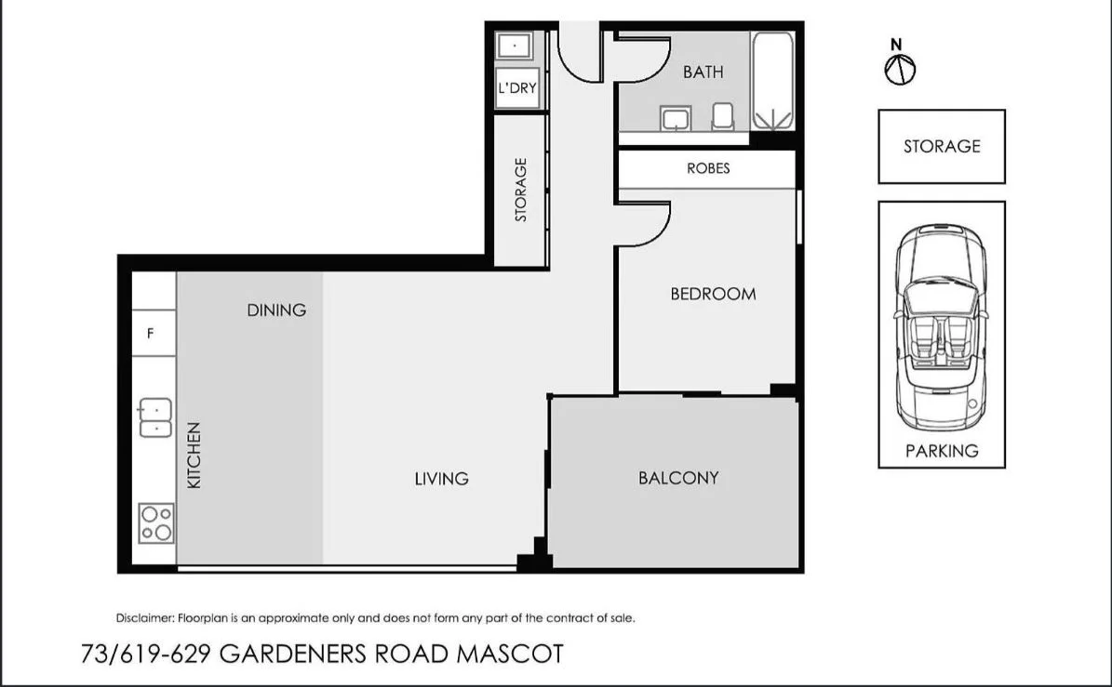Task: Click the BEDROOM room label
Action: (713, 294)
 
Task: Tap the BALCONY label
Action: (678, 478)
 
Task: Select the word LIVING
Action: (441, 479)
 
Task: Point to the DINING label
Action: (276, 310)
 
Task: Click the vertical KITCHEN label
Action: (194, 456)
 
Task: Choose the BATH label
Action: (703, 72)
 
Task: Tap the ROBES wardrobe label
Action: (708, 168)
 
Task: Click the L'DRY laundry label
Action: (516, 89)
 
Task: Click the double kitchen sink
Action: (154, 418)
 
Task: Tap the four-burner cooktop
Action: (155, 522)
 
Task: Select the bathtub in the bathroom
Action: (772, 82)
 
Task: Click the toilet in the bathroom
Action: (722, 117)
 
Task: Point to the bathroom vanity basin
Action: (675, 118)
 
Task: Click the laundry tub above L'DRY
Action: (513, 45)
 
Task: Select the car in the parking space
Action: (941, 327)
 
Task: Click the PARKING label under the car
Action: (942, 451)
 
